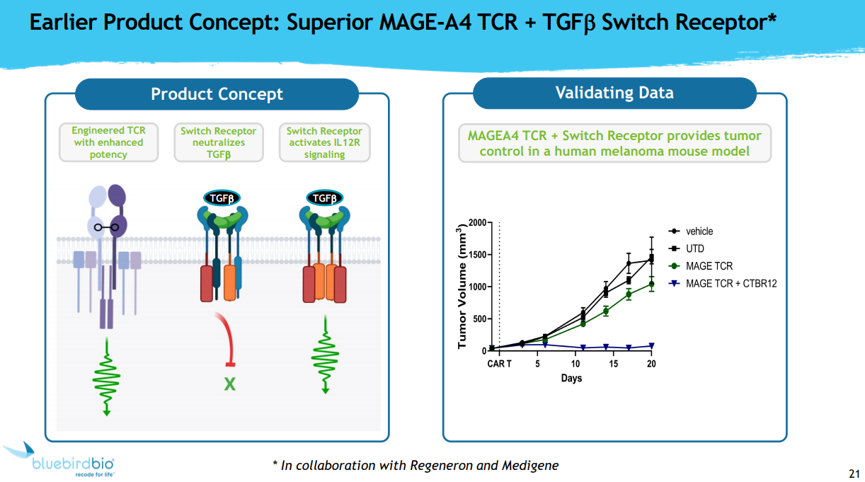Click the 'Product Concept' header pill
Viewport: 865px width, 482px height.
click(217, 94)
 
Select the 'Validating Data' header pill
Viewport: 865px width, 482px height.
click(614, 93)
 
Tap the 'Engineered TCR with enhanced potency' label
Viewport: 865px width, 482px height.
click(108, 142)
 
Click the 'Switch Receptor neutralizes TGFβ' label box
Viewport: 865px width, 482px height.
click(218, 142)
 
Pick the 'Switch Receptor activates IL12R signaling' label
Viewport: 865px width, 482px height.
click(324, 142)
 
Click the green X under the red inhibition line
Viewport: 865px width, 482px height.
click(229, 385)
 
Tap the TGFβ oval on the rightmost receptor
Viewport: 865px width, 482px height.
click(324, 198)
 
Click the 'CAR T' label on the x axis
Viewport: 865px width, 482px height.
click(499, 364)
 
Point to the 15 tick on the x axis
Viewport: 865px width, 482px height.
click(613, 364)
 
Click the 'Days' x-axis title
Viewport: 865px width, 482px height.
click(571, 379)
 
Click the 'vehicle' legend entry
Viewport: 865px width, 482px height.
click(699, 231)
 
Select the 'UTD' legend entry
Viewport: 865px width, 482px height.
click(695, 248)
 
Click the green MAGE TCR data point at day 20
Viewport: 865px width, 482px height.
click(651, 285)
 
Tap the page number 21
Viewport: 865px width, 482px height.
click(854, 473)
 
